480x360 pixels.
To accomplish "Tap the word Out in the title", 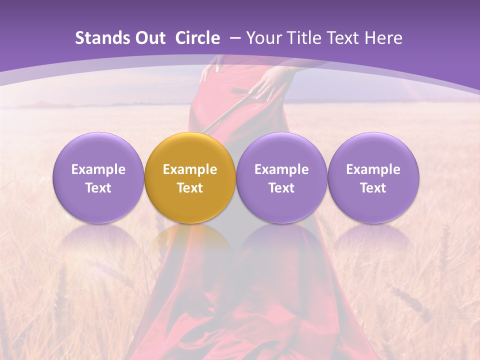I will [x=148, y=38].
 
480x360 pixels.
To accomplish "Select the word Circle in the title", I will [x=197, y=38].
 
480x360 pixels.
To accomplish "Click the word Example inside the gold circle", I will [x=190, y=169].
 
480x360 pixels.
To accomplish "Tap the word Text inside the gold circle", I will [x=190, y=188].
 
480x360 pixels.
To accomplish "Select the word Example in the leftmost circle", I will [x=98, y=169].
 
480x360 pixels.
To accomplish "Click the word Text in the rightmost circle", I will [x=373, y=188].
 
